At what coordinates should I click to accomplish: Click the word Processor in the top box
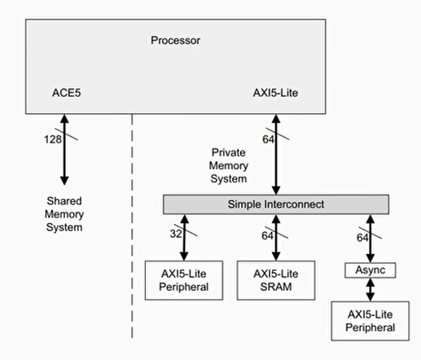tap(175, 40)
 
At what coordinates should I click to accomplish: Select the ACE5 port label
tap(66, 94)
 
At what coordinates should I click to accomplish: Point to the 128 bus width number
tap(52, 139)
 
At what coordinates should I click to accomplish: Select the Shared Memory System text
tap(63, 213)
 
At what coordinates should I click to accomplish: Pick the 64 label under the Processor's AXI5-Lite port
tap(269, 139)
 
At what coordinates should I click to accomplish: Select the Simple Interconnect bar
tap(276, 203)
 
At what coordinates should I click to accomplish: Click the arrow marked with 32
tap(184, 236)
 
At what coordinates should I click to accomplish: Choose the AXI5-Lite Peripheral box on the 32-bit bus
tap(184, 280)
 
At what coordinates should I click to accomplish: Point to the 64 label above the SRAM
tap(267, 236)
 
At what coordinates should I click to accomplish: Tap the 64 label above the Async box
tap(361, 237)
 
